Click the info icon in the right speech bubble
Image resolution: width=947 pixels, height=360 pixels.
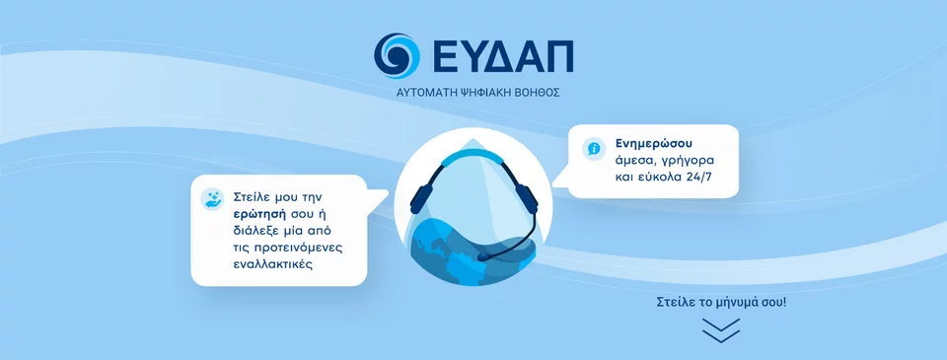tap(594, 148)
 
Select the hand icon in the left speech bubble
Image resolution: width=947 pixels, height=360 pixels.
tap(212, 198)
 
